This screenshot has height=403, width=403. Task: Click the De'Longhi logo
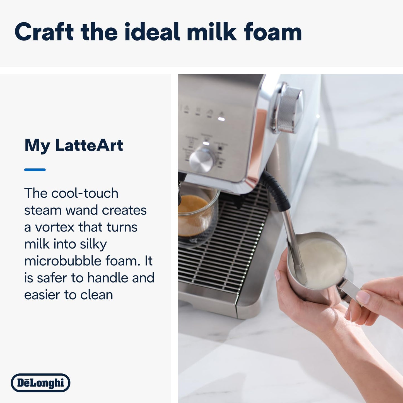tap(40, 383)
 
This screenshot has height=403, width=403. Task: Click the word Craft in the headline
tap(44, 32)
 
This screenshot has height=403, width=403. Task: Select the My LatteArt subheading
tap(74, 145)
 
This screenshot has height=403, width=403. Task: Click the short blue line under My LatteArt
tap(35, 170)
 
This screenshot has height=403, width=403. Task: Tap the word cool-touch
tap(85, 193)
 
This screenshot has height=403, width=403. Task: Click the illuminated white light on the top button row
tap(221, 119)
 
